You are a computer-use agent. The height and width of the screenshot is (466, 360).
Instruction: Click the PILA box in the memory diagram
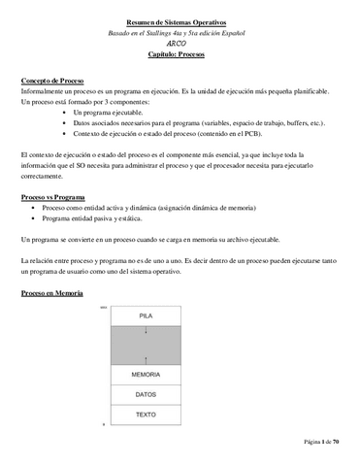(145, 316)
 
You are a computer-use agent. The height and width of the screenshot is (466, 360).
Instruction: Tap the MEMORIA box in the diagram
(145, 374)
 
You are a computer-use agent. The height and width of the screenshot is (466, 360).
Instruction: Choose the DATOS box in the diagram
(145, 394)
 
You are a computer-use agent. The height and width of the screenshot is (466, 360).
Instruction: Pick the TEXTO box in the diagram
(145, 415)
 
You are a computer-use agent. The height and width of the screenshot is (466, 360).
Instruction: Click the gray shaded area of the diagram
(145, 345)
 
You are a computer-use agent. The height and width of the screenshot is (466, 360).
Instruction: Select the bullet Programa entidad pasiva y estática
(107, 219)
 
